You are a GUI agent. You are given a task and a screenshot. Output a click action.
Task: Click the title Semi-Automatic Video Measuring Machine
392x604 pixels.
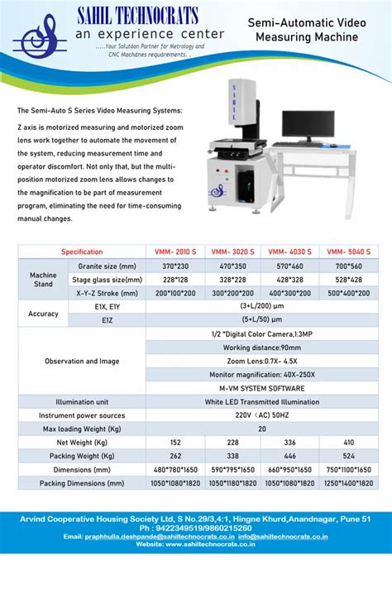306,31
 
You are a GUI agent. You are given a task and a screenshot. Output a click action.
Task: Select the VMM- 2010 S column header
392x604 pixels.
175,252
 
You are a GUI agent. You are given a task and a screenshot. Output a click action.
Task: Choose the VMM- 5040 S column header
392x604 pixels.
348,252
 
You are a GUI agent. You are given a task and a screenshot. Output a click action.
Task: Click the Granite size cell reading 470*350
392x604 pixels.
232,266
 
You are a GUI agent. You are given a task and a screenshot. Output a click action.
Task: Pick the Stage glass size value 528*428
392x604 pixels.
348,280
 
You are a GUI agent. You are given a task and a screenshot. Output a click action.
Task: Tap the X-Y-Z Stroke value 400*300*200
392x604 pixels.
290,294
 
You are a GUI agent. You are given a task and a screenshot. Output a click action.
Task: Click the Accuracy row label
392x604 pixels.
43,314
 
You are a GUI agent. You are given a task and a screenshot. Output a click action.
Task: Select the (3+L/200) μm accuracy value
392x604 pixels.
261,307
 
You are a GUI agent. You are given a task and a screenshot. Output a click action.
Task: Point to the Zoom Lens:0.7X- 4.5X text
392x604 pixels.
261,362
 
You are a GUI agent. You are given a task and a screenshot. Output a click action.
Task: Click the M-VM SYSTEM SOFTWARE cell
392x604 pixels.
261,388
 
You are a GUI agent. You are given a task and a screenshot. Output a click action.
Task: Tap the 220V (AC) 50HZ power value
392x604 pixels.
261,415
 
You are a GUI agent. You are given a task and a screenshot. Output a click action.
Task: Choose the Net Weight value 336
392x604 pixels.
290,442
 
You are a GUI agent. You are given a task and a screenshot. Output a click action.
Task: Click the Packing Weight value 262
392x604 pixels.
175,456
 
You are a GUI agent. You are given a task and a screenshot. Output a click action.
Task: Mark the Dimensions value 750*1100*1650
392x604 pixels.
348,469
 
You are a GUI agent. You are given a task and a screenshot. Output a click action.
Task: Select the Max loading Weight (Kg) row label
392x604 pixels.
82,429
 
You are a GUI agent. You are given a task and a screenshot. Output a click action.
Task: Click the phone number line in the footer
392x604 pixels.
196,527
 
